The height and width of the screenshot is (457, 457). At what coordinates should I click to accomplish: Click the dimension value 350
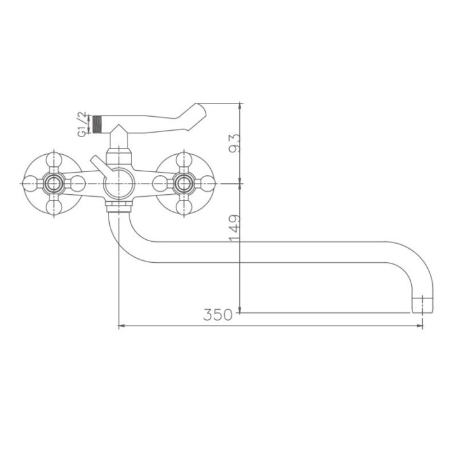(218, 315)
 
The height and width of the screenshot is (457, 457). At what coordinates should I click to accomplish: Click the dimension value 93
(234, 143)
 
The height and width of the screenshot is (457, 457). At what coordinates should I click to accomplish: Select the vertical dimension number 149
(234, 228)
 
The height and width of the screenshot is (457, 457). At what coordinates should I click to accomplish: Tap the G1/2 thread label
(82, 124)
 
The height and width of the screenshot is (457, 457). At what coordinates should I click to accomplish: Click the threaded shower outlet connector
(98, 125)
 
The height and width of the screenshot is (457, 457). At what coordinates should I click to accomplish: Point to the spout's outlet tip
(422, 305)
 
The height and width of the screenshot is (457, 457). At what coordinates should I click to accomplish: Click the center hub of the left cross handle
(54, 183)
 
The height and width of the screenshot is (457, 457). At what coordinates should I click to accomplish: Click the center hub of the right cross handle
(183, 183)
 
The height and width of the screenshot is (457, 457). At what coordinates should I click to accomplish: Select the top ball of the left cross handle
(54, 159)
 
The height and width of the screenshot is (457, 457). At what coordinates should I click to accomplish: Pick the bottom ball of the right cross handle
(183, 208)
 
